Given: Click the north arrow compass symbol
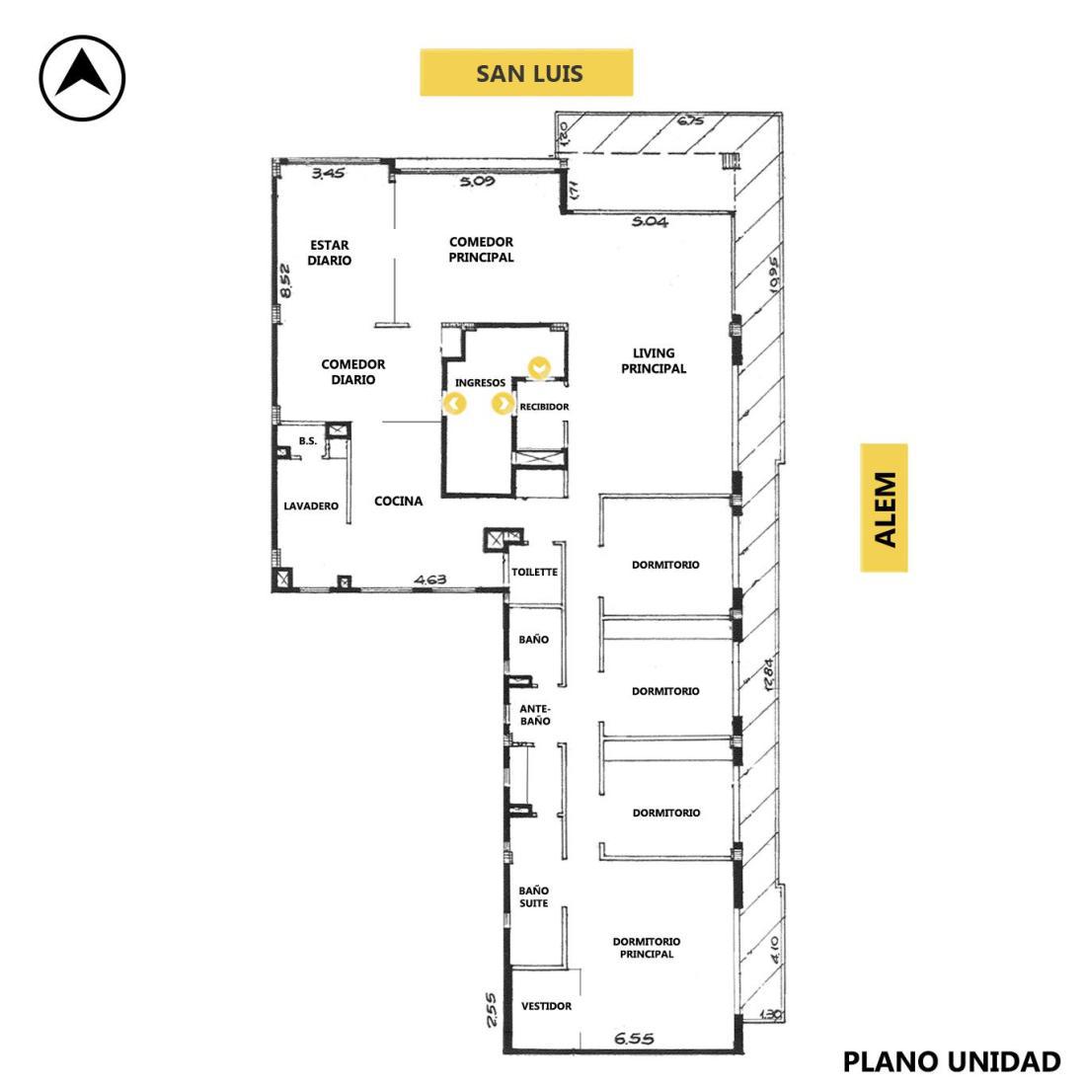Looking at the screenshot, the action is pos(82,78).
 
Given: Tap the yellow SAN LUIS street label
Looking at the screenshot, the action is pos(526,73).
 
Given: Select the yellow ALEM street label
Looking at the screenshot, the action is pos(884,507).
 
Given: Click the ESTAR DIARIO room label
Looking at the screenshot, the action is pos(330,253).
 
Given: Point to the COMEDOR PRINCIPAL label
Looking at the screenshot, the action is pos(482,250).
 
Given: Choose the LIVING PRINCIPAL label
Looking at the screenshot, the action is pos(654,360).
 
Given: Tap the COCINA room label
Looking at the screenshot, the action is pos(398,501).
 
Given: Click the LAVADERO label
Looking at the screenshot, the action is pos(311,505).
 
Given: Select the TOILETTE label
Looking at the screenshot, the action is pos(535,572).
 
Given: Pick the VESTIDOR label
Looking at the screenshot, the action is pos(547,1006).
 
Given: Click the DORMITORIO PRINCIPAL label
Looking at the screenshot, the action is pos(647,948).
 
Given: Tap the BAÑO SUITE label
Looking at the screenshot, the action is pos(533,896).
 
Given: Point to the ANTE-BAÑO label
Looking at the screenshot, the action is pos(535,715).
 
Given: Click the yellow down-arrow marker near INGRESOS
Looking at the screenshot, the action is pos(539,368).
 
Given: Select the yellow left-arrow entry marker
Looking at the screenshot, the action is pos(454,403).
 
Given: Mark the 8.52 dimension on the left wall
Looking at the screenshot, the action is pos(284,280).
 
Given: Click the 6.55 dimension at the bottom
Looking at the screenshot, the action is pos(634,1039).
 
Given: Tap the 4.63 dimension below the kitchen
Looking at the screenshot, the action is pos(430,579).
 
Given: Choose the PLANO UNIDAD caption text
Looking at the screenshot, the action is pos(951,1061).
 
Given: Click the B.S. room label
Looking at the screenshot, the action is pos(307,440).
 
